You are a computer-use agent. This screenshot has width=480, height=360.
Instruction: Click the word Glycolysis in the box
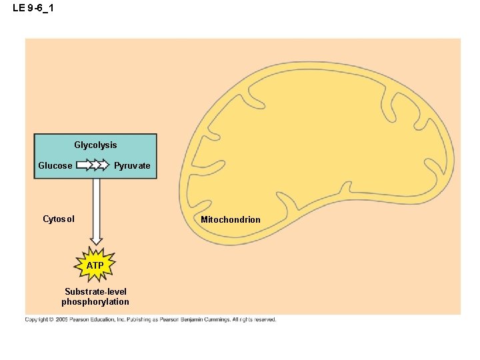click(x=95, y=145)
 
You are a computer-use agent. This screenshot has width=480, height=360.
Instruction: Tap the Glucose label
click(x=55, y=165)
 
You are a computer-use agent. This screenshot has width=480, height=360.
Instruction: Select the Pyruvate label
click(x=132, y=165)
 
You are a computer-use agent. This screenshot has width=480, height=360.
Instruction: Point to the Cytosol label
click(x=59, y=219)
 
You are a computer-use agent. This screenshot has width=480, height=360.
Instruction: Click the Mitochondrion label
click(x=231, y=219)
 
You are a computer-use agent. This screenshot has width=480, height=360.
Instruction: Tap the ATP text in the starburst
click(x=95, y=265)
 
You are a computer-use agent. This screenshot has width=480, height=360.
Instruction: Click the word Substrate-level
click(x=95, y=292)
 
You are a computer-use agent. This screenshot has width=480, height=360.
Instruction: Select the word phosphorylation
click(x=95, y=302)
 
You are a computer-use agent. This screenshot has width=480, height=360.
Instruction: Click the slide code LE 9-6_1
click(x=33, y=7)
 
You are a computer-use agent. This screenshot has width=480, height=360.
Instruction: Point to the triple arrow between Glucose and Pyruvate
click(x=93, y=165)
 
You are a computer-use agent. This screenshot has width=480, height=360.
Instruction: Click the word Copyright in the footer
click(x=37, y=320)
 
